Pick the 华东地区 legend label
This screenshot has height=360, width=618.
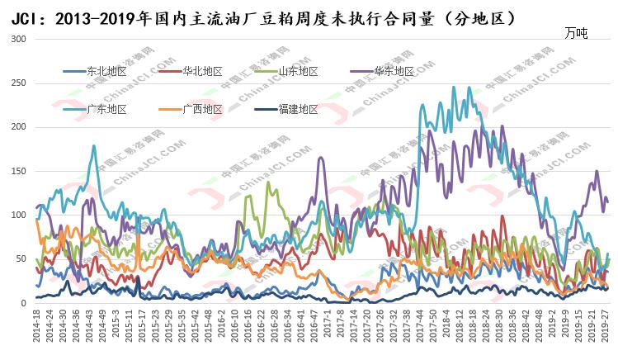[394, 71]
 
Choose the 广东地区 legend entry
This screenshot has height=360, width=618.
[106, 109]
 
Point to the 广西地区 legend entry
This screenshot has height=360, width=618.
[202, 109]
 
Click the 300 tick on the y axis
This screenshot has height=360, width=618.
[17, 40]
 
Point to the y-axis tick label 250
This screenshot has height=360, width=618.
[17, 83]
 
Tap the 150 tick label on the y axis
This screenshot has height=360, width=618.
[17, 171]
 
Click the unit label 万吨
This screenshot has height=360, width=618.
[577, 33]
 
